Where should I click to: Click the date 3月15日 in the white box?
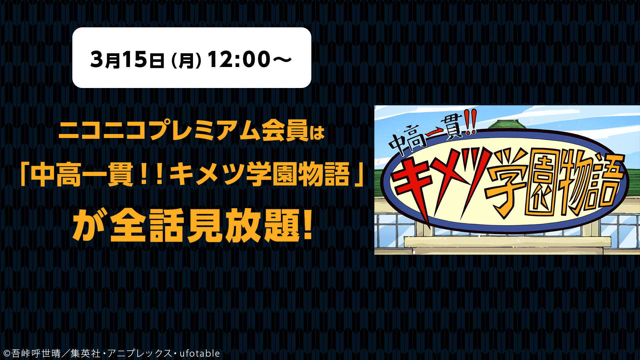pyautogui.click(x=127, y=60)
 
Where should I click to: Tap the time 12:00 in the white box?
pyautogui.click(x=239, y=60)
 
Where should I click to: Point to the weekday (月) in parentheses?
pyautogui.click(x=186, y=61)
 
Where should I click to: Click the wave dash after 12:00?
pyautogui.click(x=282, y=60)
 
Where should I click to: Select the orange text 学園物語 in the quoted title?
pyautogui.click(x=298, y=175)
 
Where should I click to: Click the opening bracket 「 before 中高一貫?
pyautogui.click(x=24, y=175)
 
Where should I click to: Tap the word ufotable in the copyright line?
pyautogui.click(x=200, y=353)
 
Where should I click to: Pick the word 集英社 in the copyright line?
pyautogui.click(x=85, y=353)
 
